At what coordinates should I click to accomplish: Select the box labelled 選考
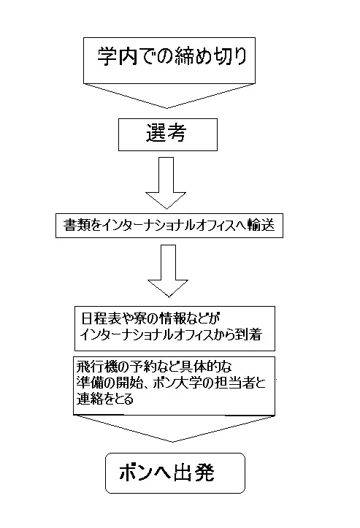click(x=169, y=135)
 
